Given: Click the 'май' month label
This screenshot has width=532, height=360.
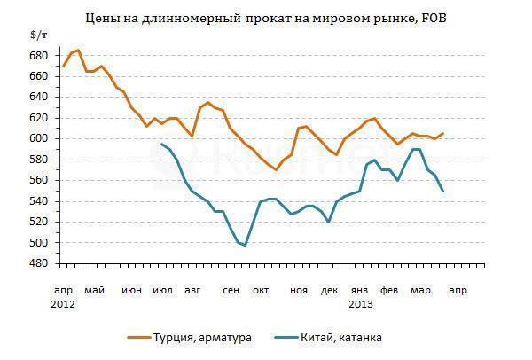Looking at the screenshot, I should (94, 290).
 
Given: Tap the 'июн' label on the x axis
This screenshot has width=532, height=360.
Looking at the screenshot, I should (131, 290).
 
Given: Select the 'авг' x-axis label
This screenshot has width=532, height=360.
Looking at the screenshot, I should (192, 290).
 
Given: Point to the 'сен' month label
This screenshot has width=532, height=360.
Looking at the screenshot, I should (231, 290).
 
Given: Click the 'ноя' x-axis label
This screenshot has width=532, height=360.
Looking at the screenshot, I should (298, 290).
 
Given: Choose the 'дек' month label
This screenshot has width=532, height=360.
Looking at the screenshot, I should (329, 290).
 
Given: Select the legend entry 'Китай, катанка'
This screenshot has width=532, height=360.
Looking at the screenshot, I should (336, 338).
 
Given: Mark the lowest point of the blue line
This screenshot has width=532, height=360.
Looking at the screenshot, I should (245, 245).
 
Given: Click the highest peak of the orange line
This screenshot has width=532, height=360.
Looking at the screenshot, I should (78, 51).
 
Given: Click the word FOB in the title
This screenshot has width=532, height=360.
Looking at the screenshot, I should (430, 17).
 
